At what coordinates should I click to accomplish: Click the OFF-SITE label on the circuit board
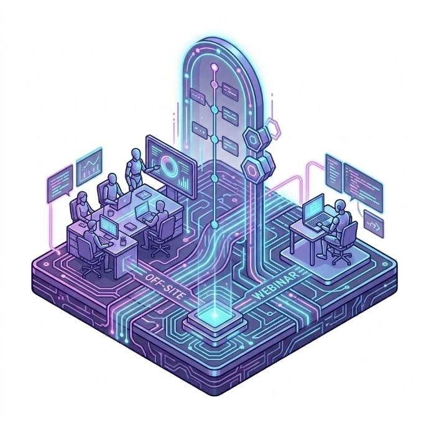[164, 286]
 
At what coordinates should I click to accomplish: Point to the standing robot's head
[136, 154]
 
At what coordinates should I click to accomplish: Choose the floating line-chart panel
[89, 167]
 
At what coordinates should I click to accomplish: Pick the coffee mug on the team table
[110, 212]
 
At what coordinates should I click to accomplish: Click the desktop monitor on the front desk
[108, 226]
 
